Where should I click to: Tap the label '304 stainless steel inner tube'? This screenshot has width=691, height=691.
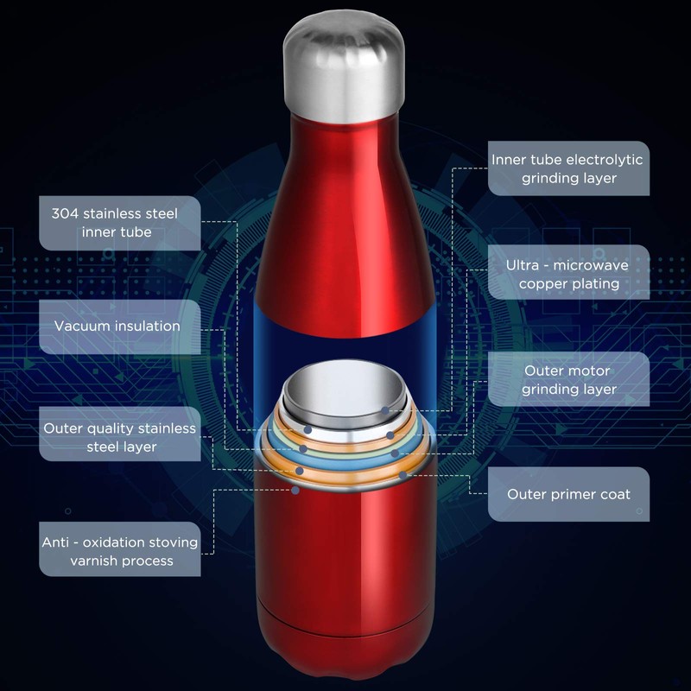(114, 222)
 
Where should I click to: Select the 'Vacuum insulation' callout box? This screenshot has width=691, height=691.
(117, 326)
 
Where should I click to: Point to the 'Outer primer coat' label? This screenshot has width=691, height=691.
(568, 494)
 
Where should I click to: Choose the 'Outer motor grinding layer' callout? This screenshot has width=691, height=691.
(568, 379)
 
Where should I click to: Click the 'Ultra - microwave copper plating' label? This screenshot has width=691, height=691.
(568, 274)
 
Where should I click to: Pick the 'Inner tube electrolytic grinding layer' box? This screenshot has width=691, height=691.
(567, 168)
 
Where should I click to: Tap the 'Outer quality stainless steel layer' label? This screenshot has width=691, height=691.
(119, 437)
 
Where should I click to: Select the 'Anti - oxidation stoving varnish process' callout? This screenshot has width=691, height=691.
(119, 551)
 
